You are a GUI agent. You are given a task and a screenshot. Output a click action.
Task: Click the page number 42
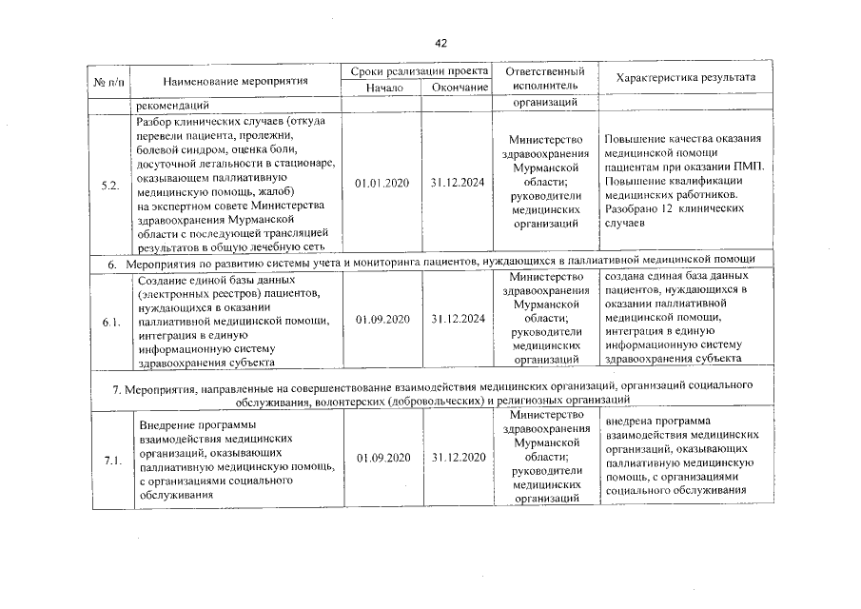440,44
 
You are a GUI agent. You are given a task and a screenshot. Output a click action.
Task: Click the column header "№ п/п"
109,80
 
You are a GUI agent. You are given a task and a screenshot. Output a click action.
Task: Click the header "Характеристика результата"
685,76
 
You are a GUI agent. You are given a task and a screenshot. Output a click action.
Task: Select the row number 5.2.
108,184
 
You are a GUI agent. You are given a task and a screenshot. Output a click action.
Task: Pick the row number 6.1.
110,323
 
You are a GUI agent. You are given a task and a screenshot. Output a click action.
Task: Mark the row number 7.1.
110,462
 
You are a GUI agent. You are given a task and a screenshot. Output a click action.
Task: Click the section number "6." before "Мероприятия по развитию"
110,261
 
